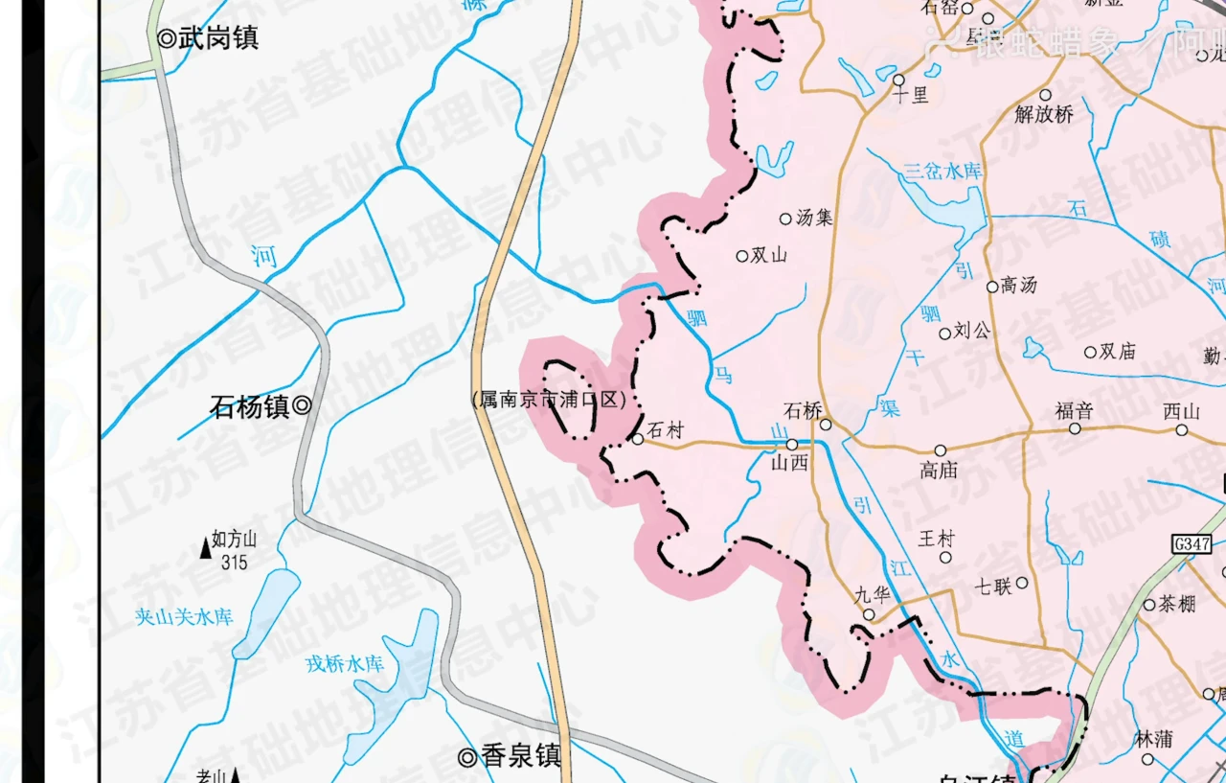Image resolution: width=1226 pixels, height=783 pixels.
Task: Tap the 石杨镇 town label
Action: [x=250, y=406]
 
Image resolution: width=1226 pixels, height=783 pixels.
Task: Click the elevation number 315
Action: [x=235, y=563]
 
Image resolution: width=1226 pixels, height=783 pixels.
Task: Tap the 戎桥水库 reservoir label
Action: [x=345, y=663]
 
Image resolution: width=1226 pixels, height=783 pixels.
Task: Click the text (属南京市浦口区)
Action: [x=549, y=400]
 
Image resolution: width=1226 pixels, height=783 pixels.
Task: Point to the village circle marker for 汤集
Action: [x=785, y=219]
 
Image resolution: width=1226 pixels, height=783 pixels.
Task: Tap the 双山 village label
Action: [x=768, y=256]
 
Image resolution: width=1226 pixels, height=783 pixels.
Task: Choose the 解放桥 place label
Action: [x=1044, y=114]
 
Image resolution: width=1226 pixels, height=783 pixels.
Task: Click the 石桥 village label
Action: [x=803, y=410]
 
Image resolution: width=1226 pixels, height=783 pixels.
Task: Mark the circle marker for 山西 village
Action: [x=792, y=445]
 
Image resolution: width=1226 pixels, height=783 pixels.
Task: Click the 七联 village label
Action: [x=993, y=585]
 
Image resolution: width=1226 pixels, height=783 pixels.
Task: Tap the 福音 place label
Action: [x=1074, y=411]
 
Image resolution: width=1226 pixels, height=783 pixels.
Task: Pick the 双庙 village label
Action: [x=1117, y=352]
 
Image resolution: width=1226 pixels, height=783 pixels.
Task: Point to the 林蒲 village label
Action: [x=1152, y=739]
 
